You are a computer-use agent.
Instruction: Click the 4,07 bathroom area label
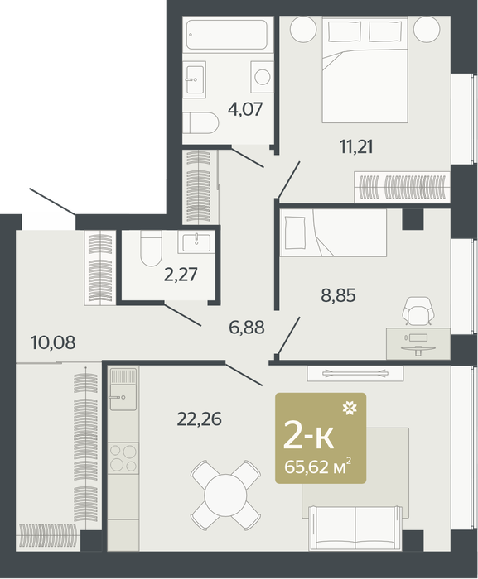pyautogui.click(x=245, y=109)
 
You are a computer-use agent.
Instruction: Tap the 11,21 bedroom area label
pyautogui.click(x=356, y=147)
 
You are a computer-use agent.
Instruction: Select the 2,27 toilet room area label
pyautogui.click(x=181, y=275)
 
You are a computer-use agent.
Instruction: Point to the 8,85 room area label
pyautogui.click(x=338, y=295)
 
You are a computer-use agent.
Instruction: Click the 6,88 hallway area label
pyautogui.click(x=247, y=328)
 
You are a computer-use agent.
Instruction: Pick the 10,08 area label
pyautogui.click(x=54, y=342)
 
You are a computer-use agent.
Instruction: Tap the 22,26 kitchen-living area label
pyautogui.click(x=199, y=419)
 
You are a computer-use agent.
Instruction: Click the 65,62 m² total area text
pyautogui.click(x=317, y=467)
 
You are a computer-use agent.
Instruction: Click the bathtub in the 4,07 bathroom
pyautogui.click(x=226, y=35)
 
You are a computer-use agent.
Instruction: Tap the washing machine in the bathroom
pyautogui.click(x=262, y=77)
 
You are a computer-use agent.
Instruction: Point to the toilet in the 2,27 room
pyautogui.click(x=151, y=248)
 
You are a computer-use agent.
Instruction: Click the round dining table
pyautogui.click(x=225, y=495)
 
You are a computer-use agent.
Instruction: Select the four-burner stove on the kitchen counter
pyautogui.click(x=124, y=458)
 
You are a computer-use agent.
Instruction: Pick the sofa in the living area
pyautogui.click(x=355, y=528)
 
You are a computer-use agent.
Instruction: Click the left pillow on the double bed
pyautogui.click(x=345, y=31)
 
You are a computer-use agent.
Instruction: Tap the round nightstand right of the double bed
pyautogui.click(x=427, y=29)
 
